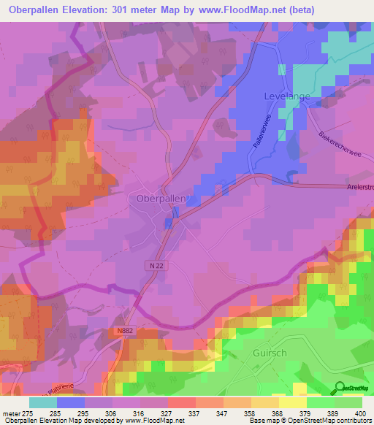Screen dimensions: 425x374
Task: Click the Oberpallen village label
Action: point(163,198)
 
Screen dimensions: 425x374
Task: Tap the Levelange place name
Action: point(287,96)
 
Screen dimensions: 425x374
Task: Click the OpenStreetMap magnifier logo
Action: point(339,388)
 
